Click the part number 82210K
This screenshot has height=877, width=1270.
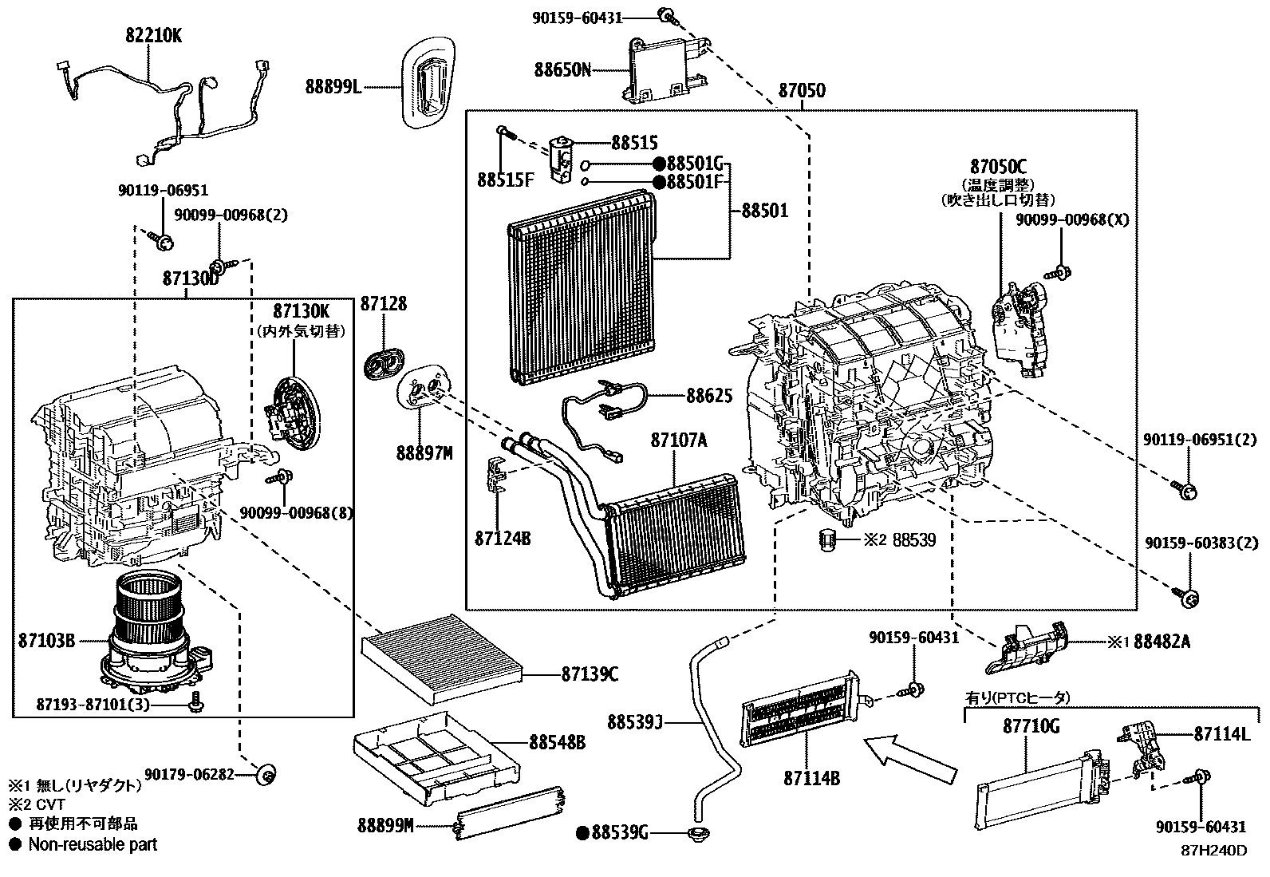click(152, 35)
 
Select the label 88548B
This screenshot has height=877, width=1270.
click(557, 742)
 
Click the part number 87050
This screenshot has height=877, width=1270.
click(802, 90)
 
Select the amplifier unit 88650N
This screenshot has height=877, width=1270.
click(666, 70)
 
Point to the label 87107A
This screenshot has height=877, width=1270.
click(678, 440)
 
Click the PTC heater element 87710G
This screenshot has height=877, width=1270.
click(1037, 786)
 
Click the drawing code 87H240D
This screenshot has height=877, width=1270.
click(1214, 851)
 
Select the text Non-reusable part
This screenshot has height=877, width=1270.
click(93, 844)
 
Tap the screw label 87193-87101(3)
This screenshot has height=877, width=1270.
click(93, 705)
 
